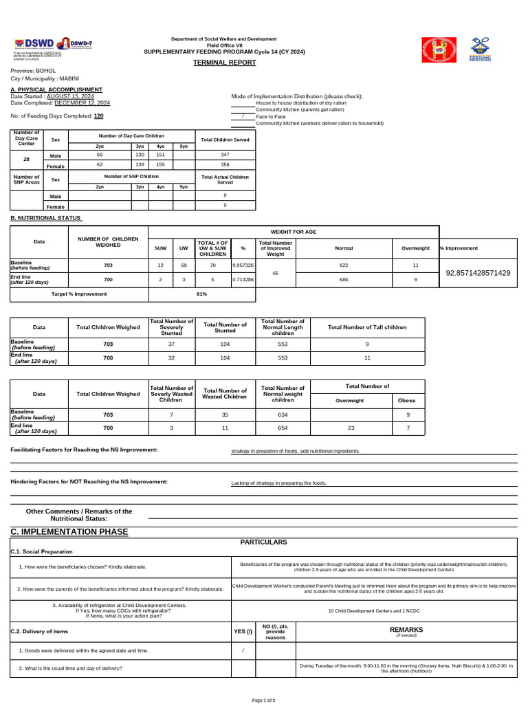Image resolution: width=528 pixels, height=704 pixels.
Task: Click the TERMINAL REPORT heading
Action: point(224,63)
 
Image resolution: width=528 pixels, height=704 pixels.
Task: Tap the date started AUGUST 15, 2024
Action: point(69,96)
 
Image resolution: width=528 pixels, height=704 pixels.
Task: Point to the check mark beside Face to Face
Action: point(243,117)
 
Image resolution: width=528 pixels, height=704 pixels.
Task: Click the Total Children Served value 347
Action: point(225,155)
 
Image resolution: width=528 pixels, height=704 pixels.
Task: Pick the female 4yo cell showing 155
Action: point(160,165)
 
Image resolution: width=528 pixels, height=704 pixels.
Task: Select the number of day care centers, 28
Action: point(26,159)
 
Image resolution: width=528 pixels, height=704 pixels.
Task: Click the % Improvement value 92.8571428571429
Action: point(478,273)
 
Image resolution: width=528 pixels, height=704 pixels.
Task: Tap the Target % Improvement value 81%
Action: point(201,294)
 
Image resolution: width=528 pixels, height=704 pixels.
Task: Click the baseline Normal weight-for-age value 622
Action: point(344,265)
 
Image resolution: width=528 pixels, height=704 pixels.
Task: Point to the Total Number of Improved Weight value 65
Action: point(276,273)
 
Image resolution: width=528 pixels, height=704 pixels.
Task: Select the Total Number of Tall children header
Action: point(367,327)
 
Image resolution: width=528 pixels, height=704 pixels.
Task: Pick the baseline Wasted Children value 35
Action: point(225,415)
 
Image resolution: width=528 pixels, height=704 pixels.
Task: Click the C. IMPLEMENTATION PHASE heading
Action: point(69,532)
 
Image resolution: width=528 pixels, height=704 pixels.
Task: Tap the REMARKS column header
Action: point(406,629)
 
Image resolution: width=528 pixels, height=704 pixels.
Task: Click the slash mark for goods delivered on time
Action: point(243,650)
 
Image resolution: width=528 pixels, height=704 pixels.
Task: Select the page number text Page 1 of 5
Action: point(264,700)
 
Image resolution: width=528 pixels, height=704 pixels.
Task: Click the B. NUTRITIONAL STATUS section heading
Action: point(46,218)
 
